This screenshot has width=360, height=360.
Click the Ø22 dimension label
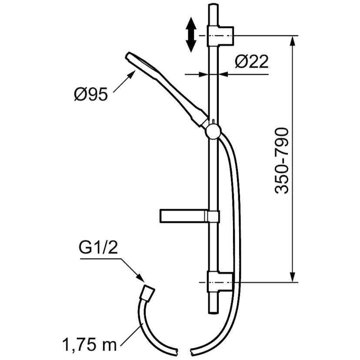coord(251,63)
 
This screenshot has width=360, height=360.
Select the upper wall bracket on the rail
coord(221,35)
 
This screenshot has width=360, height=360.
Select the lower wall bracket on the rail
coord(221,282)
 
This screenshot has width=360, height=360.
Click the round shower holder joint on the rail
coord(213,130)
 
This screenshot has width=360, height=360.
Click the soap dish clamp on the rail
coord(213,216)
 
